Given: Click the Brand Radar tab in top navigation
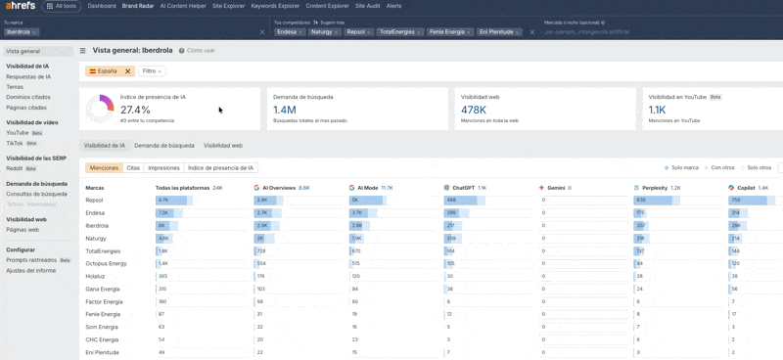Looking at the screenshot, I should coord(137,6).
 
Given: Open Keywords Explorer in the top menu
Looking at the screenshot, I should coord(275,6).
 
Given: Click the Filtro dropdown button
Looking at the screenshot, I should coord(152,71).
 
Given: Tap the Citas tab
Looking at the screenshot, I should coord(133,168).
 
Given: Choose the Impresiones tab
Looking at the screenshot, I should coord(163,168).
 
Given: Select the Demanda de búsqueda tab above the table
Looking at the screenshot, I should coord(164,146).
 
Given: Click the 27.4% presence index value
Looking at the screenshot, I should coord(135,111).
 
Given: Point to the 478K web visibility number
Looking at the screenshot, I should coord(474,111).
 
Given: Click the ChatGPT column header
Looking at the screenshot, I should coord(462,188).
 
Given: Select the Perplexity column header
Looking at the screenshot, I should coord(654,188).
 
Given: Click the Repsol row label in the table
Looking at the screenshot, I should coord(94,201).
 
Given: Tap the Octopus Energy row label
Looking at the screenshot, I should coord(106,264).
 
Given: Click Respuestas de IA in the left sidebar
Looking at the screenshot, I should coord(28,76).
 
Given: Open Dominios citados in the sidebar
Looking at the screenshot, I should coord(28,97).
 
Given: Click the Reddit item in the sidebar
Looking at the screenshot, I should coord(16,168).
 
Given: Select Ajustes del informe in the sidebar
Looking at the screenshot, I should coord(30,270).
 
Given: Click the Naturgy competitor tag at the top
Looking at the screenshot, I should coord(323,32).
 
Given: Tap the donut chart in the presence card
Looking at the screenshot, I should coord(100,109).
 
